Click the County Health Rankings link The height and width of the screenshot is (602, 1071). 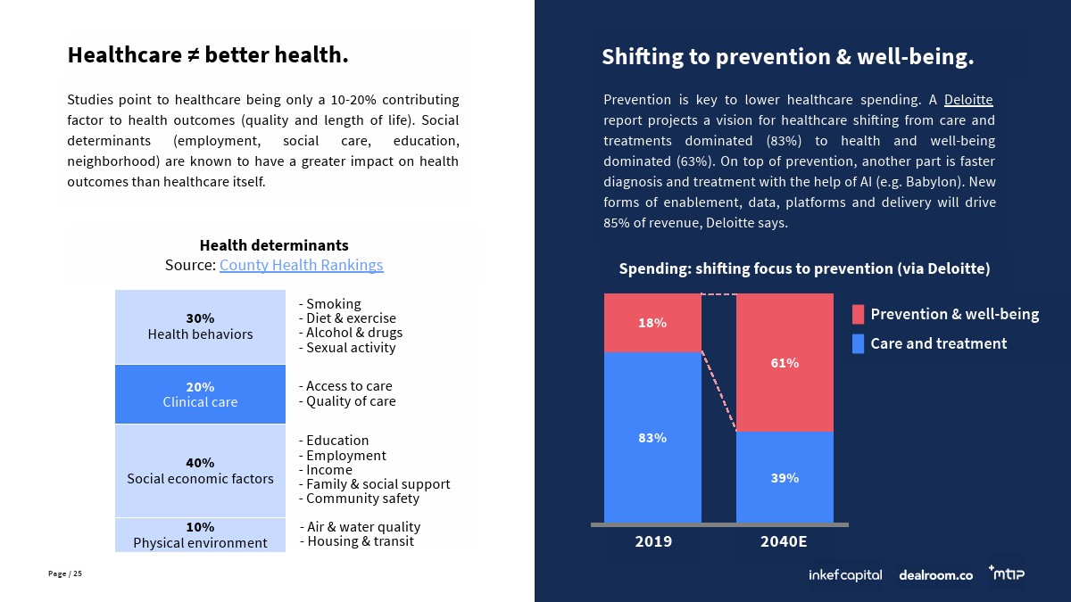[301, 265]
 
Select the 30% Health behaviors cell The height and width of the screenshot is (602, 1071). [200, 326]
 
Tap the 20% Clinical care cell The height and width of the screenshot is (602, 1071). [200, 394]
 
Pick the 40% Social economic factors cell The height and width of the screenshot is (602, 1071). [200, 470]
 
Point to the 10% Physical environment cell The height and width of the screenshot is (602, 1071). [200, 534]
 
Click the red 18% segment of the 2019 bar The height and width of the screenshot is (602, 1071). [652, 323]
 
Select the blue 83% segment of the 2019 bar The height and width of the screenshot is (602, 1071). [652, 437]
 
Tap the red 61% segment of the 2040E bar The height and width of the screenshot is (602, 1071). [785, 362]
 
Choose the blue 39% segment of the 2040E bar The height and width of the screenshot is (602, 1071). [785, 477]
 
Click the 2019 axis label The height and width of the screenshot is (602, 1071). [653, 541]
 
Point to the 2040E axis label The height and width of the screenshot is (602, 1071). [785, 541]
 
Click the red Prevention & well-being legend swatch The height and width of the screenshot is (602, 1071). [858, 314]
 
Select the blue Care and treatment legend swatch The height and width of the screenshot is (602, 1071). [858, 343]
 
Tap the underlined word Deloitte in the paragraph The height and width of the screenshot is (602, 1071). [968, 99]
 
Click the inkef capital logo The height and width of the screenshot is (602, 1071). [844, 575]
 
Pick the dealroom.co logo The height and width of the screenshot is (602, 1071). [935, 575]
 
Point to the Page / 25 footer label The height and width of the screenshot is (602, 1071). [65, 573]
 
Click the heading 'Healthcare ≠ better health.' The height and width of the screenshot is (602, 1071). [208, 55]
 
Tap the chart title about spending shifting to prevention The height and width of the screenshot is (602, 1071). [804, 268]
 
